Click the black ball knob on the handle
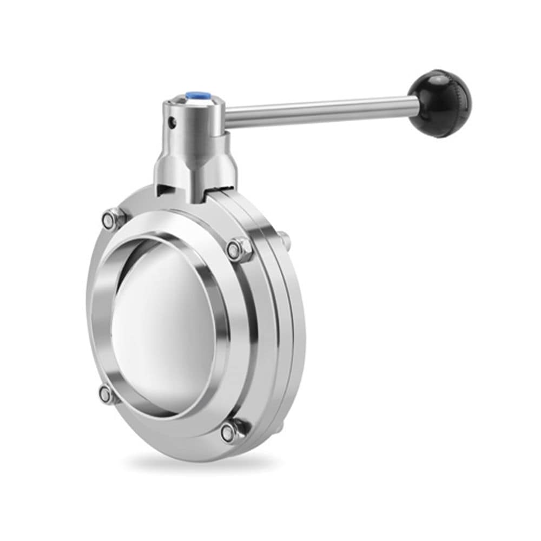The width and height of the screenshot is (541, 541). [439, 103]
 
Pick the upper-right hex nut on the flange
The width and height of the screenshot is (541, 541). [236, 249]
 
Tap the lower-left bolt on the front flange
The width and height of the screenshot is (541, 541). [107, 394]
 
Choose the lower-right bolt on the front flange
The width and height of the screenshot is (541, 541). [229, 431]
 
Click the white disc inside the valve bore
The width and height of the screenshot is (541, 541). [162, 325]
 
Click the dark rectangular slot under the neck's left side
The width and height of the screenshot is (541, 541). [166, 189]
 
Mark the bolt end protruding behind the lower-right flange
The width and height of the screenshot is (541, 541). [279, 427]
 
